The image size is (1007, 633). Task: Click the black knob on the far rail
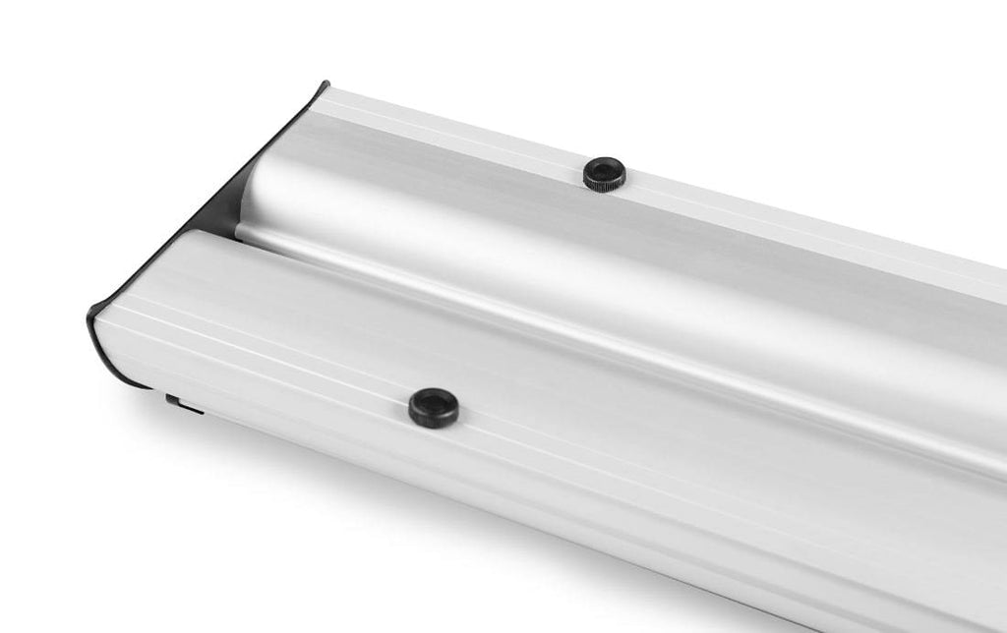click(x=604, y=173)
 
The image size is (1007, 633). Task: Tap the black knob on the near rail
click(x=434, y=407)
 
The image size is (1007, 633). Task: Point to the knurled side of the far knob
click(x=604, y=183)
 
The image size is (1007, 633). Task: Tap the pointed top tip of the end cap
click(x=324, y=85)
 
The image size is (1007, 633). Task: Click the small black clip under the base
click(x=182, y=403)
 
